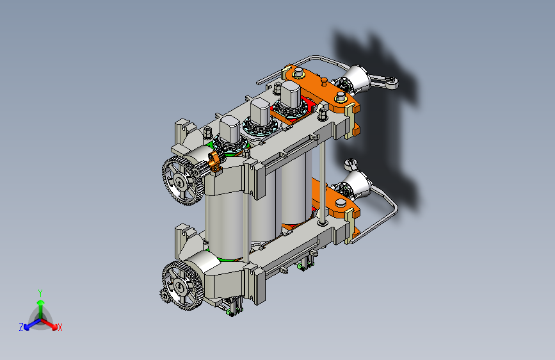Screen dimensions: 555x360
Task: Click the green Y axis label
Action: tap(40, 293)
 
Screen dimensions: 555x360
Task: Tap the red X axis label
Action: tap(60, 328)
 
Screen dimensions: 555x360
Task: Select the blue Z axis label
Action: tap(21, 327)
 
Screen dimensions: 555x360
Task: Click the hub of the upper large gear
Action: tap(181, 183)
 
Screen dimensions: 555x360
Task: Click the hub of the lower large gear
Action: tap(180, 286)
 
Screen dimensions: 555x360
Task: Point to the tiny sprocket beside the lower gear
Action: tap(164, 295)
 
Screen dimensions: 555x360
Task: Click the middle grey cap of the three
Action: tap(260, 111)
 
